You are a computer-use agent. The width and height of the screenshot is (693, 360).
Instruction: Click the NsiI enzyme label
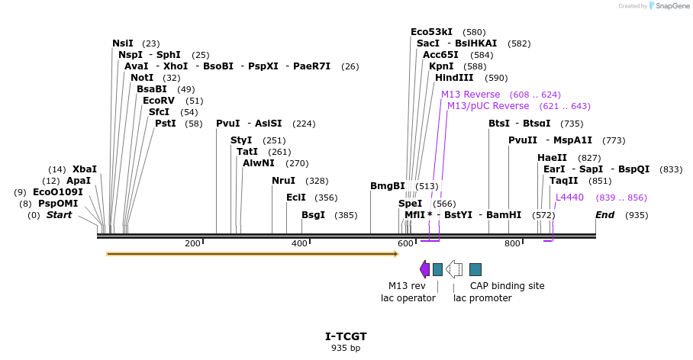coord(123,43)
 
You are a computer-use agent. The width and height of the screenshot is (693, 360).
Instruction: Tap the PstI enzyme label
coord(166,124)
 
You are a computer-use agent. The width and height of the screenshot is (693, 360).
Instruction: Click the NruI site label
coord(283,181)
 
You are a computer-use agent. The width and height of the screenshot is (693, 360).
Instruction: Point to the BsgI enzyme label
coord(313,215)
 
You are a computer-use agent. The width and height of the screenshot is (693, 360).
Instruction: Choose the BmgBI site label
coord(388,185)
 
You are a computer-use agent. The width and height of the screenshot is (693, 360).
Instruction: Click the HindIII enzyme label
coord(454,78)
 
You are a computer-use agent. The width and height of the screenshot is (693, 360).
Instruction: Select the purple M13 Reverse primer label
coord(471,95)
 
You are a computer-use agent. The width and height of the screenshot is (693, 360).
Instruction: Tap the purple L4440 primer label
coord(569,198)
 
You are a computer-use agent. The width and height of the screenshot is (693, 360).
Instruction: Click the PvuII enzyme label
coord(523,140)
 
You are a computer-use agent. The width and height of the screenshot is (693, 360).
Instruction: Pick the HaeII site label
coord(552,158)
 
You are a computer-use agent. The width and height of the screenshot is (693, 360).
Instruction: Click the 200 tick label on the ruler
coord(192,244)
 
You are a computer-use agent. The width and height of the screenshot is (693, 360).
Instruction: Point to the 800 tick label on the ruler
coord(512,244)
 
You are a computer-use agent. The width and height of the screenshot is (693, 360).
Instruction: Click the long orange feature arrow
coord(252,253)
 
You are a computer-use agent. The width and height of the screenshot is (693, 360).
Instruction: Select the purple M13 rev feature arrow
coord(424,268)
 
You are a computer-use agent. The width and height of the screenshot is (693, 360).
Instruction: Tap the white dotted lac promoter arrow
coord(454,268)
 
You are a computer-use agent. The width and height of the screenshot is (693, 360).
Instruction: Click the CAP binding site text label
coord(507,286)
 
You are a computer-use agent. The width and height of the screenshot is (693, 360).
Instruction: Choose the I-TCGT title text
coord(346,336)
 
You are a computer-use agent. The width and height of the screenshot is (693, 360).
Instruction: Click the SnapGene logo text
coord(672,6)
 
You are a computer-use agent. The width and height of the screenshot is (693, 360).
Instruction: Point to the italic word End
coord(604,215)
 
